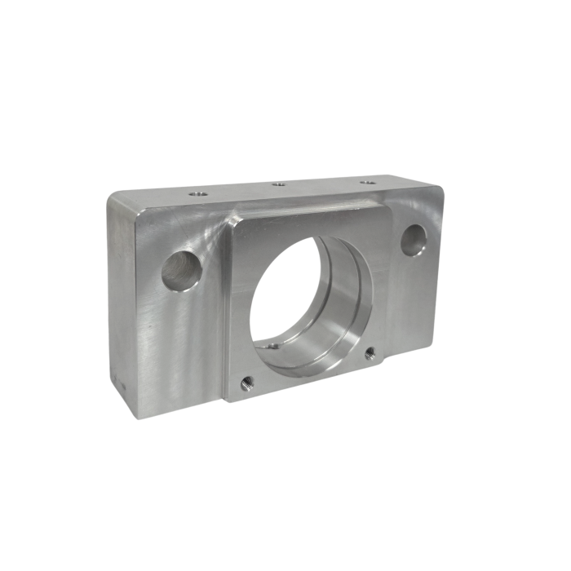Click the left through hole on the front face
tap(180, 271)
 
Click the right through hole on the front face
tap(414, 240)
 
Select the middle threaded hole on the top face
tap(279, 184)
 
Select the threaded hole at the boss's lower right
tap(370, 352)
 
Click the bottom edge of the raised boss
tap(306, 383)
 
